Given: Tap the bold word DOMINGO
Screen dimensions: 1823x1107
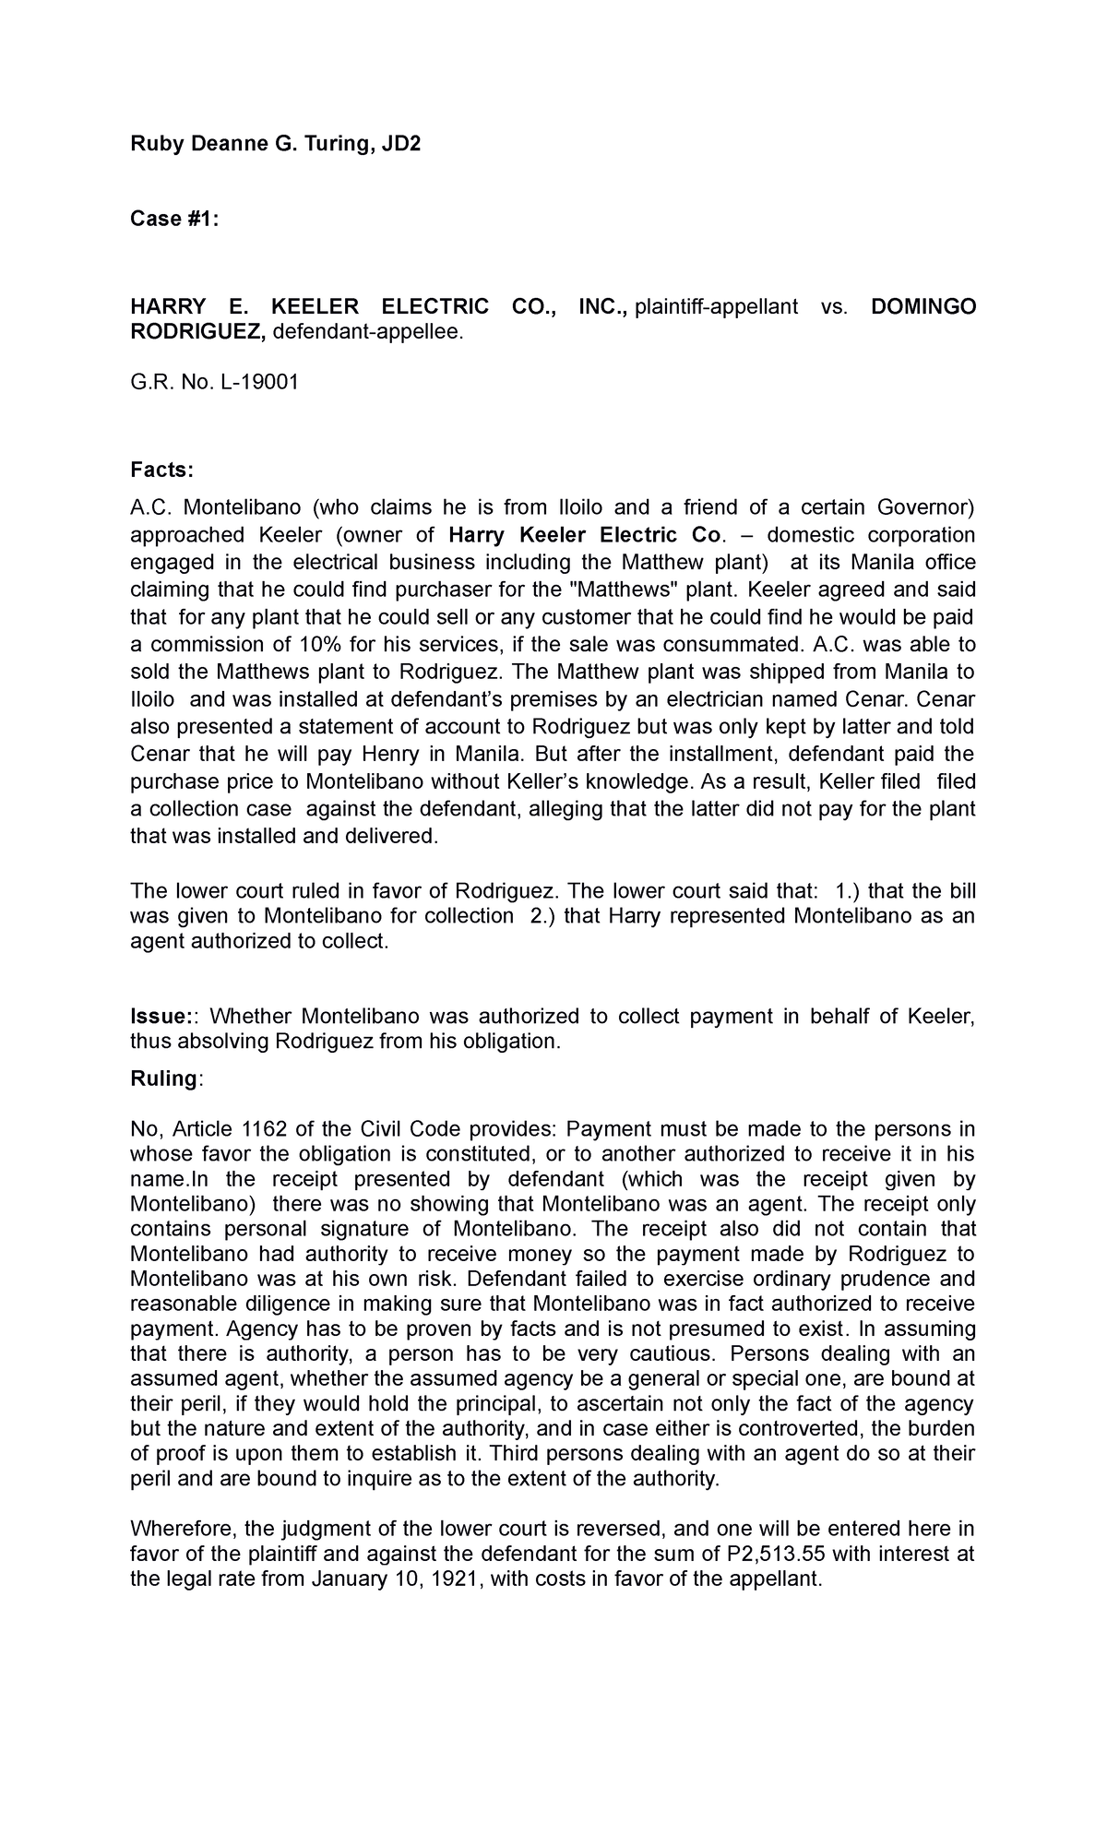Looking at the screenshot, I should [922, 307].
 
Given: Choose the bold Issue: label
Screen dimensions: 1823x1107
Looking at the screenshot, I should [162, 1017].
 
